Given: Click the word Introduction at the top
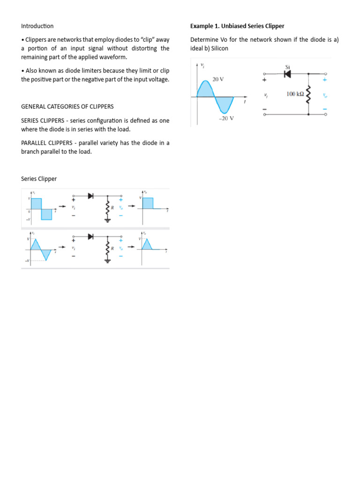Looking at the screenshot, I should (37, 26).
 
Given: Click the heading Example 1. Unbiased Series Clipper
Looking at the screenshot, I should (237, 26).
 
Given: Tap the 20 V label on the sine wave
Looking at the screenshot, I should (218, 79).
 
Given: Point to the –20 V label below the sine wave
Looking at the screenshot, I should (226, 119).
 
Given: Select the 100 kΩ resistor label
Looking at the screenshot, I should (295, 94).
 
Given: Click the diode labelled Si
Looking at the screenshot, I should (287, 74).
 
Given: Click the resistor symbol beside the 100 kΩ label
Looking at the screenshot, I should (308, 94).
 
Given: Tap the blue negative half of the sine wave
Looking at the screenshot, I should (225, 104).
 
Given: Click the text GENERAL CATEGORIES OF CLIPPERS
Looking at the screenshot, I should (67, 106).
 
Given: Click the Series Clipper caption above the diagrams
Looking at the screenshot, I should (39, 179).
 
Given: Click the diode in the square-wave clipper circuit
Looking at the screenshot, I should (90, 196).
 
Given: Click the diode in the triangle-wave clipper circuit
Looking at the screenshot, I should (90, 237).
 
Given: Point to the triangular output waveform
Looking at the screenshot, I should (147, 245).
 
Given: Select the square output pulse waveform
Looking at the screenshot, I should (147, 203).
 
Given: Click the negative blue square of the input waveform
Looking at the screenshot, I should (46, 214).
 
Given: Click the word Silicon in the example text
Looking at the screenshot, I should (219, 48).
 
